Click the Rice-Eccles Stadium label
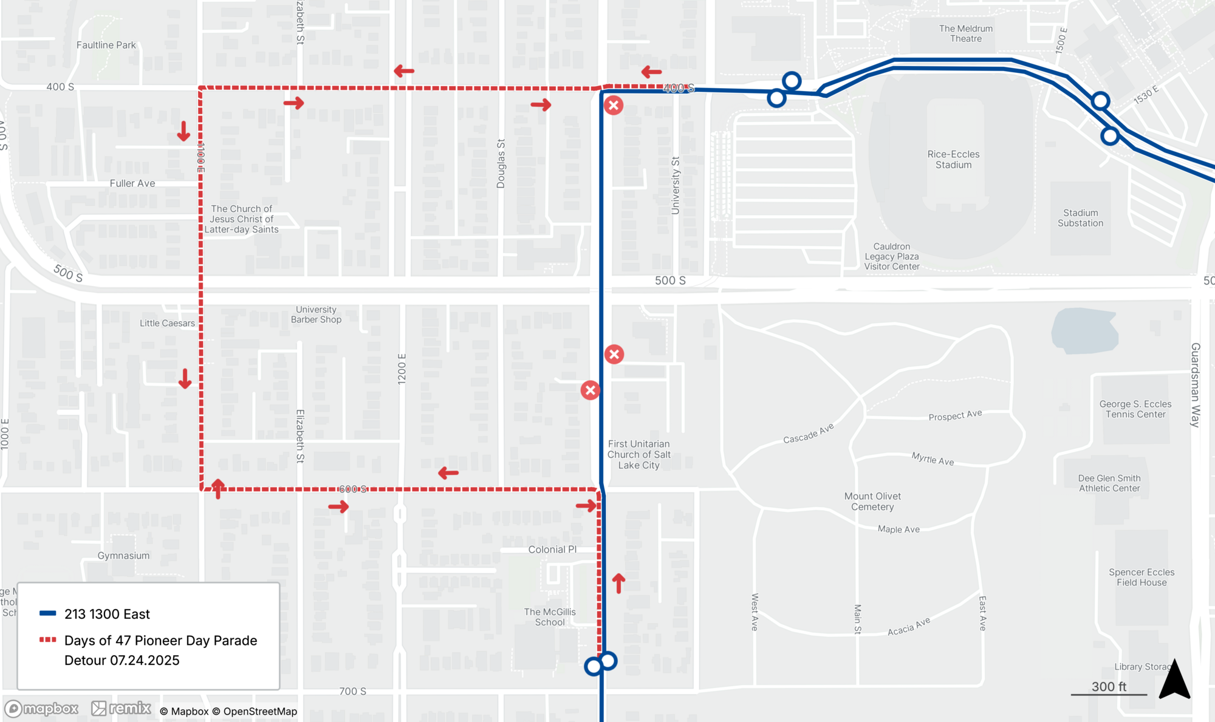tap(953, 160)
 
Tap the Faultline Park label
tap(106, 45)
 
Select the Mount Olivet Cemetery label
tap(872, 502)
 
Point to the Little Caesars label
tap(167, 323)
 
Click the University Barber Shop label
tap(316, 315)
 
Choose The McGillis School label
tap(550, 617)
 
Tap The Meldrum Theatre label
tap(966, 33)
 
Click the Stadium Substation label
tap(1080, 218)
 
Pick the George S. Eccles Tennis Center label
tap(1135, 409)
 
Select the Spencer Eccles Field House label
tap(1141, 577)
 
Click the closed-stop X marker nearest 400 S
tap(614, 106)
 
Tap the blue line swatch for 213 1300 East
tap(48, 613)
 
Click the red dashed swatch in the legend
tap(48, 640)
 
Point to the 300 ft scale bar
tap(1109, 693)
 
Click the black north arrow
tap(1174, 680)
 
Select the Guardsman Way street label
tap(1195, 385)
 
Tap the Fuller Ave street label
tap(132, 183)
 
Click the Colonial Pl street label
tap(552, 550)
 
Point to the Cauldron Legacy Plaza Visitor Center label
tap(892, 256)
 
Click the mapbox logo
tap(42, 709)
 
